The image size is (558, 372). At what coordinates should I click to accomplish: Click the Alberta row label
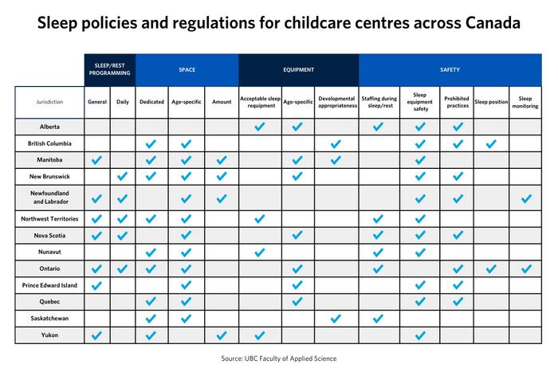tap(49, 127)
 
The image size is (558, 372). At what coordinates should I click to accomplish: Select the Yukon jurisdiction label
tap(49, 335)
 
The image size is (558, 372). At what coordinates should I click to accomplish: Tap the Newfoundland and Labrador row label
tap(49, 198)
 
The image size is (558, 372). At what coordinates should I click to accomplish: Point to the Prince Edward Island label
tap(49, 284)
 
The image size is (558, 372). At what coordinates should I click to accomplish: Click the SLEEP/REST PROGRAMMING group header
tap(110, 69)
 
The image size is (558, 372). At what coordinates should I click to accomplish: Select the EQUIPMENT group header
tap(297, 69)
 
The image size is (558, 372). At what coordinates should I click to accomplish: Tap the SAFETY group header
tap(450, 69)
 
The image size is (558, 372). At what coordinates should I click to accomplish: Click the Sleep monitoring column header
tap(525, 102)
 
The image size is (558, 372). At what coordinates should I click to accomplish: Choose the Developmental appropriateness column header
tap(336, 102)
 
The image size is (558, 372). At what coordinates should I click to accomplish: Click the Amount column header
tap(222, 102)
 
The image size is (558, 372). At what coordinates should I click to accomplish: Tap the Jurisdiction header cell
tap(49, 102)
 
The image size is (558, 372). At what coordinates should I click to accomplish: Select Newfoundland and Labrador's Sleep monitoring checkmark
tap(525, 198)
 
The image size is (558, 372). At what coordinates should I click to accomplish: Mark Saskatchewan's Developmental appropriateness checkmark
tap(336, 319)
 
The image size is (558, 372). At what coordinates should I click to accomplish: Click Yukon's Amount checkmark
tap(222, 335)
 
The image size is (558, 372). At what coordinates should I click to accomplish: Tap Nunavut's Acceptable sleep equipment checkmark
tap(259, 253)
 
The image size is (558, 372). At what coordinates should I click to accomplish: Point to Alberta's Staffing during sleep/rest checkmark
tap(379, 127)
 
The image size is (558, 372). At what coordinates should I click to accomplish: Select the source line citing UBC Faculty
tap(279, 358)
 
